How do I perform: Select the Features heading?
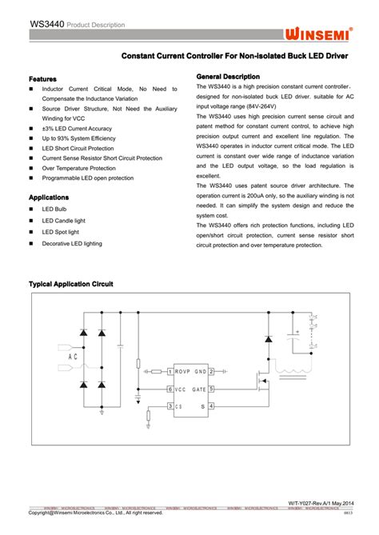point(42,79)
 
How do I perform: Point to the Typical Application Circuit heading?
point(71,284)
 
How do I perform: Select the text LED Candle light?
point(63,221)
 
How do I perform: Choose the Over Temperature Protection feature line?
point(78,168)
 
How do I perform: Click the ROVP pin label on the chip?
point(185,371)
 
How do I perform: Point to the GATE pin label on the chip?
point(199,389)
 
